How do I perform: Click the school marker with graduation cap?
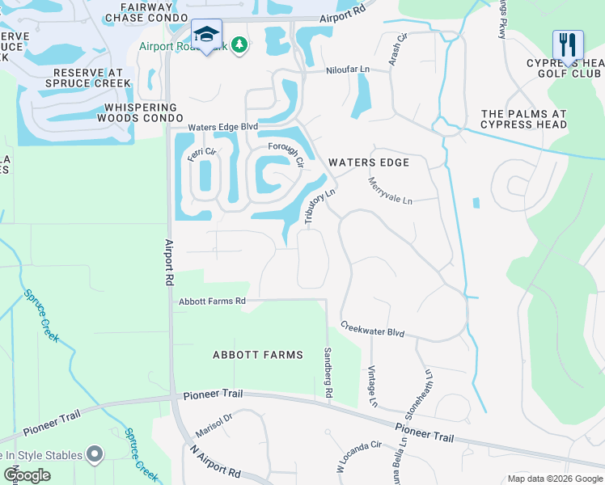pos(207,35)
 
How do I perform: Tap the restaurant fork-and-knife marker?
pos(568,45)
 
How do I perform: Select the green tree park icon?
pos(239,44)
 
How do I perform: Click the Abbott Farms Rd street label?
pos(211,302)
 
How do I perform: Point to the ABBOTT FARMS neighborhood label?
pos(257,355)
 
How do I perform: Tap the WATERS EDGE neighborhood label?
pos(369,162)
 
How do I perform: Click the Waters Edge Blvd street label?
pos(222,127)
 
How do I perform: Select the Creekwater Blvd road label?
pos(372,331)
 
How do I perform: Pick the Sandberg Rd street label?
pos(328,373)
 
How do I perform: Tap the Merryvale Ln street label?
pos(391,191)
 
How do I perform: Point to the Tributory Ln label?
pos(319,206)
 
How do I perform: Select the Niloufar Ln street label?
pos(348,70)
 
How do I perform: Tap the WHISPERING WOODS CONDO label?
pos(140,112)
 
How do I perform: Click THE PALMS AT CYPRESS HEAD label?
pos(523,119)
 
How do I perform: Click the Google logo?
pos(27,475)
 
